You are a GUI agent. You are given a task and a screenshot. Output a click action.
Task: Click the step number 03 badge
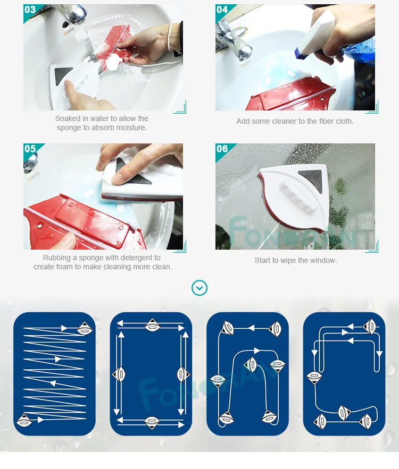pos(30,10)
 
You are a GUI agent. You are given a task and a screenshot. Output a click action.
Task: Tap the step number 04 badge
pos(222,10)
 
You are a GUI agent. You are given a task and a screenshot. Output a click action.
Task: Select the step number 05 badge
pos(30,149)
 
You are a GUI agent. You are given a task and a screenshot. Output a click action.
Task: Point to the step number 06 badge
pos(222,149)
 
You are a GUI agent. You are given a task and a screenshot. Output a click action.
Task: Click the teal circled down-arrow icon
pos(199,288)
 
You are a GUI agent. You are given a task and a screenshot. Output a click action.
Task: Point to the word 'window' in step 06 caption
pos(324,260)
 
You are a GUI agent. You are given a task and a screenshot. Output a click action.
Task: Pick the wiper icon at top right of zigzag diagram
pos(85,328)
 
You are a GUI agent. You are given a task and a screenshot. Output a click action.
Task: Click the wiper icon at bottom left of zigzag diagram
pos(24,421)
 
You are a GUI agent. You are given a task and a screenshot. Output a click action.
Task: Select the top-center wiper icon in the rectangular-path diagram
pos(152,325)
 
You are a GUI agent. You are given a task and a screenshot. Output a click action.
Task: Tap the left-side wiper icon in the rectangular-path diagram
pos(119,374)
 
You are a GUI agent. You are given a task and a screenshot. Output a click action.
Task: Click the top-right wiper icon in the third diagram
pos(275,329)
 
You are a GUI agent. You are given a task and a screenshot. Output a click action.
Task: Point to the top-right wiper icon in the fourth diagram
pos(369,326)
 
